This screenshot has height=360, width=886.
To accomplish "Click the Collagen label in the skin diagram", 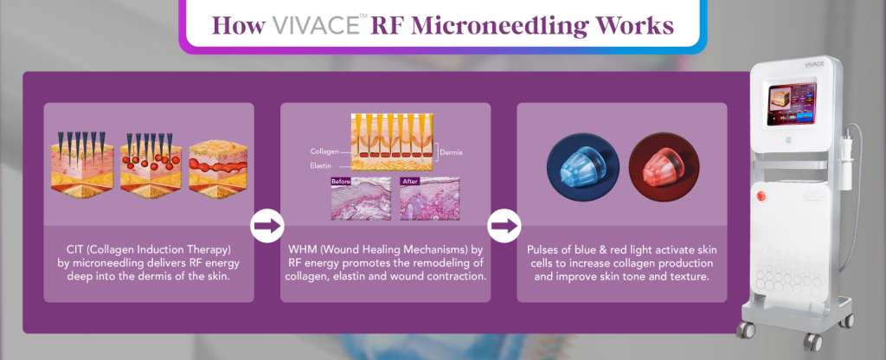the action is click(324, 151).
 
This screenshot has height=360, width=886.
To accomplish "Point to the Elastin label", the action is click(320, 165).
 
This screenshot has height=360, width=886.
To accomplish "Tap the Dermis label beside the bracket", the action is click(451, 152).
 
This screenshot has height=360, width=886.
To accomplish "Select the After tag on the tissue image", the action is click(409, 182).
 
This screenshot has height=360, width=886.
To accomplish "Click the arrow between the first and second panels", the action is click(266, 226).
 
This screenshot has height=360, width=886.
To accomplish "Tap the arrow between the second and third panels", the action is click(504, 226).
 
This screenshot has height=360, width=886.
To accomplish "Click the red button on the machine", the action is click(761, 196).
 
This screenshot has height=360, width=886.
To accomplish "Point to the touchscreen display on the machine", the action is click(792, 104).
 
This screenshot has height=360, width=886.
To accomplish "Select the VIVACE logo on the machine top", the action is click(814, 65).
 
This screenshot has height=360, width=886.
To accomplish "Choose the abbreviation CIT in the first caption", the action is click(74, 249).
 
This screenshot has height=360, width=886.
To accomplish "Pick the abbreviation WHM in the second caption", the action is click(300, 249).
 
